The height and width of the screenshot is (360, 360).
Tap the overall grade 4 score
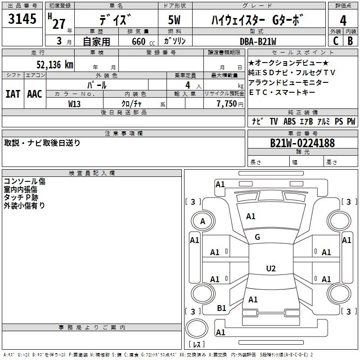343,20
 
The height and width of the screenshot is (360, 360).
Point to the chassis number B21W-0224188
302,143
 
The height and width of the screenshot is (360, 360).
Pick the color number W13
75,103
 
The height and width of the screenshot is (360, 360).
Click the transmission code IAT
13,94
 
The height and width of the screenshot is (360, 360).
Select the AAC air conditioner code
34,94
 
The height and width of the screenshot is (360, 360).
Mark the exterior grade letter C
335,40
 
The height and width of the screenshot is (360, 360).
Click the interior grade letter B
350,40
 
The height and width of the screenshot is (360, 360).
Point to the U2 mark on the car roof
270,269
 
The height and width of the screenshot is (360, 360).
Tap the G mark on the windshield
257,237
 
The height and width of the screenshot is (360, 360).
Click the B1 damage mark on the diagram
221,308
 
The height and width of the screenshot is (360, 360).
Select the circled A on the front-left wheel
202,221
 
